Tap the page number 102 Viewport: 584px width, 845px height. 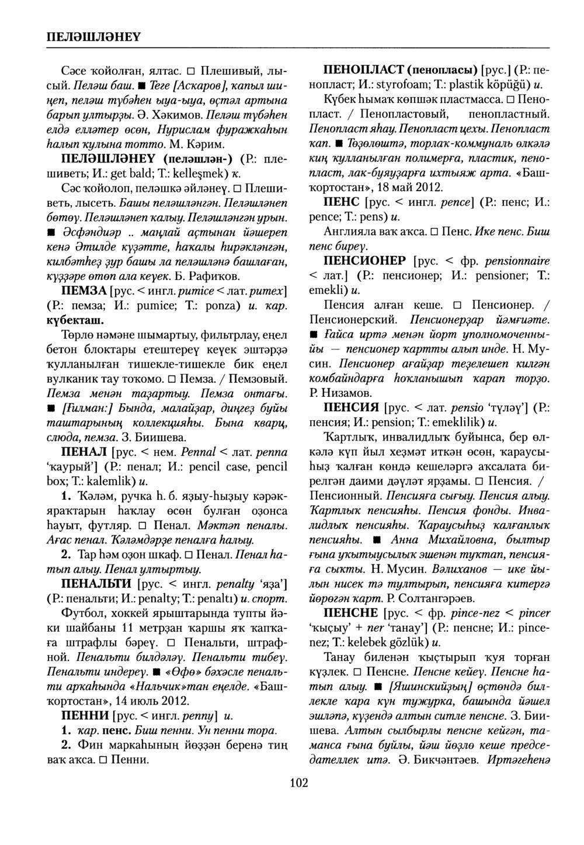pyautogui.click(x=298, y=783)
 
